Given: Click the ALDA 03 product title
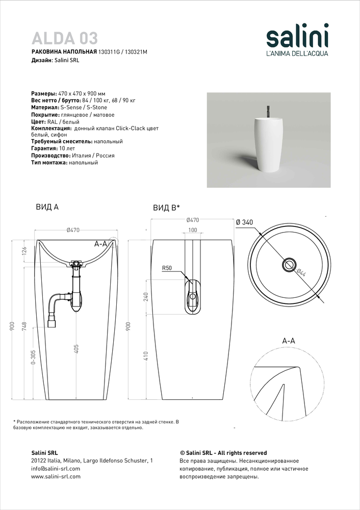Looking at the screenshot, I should (65, 38).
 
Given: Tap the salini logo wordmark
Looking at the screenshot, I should (298, 38).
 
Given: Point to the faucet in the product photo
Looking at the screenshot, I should (266, 111).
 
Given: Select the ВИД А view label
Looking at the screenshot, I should (47, 207).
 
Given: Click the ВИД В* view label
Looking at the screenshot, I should (166, 208).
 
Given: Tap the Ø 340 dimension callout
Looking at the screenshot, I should (244, 222).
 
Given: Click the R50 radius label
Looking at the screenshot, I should (167, 267).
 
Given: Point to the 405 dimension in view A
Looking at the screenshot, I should (76, 349).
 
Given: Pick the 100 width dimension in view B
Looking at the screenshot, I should (193, 230).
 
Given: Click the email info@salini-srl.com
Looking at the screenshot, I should (56, 469).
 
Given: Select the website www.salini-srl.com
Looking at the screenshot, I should (56, 477).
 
